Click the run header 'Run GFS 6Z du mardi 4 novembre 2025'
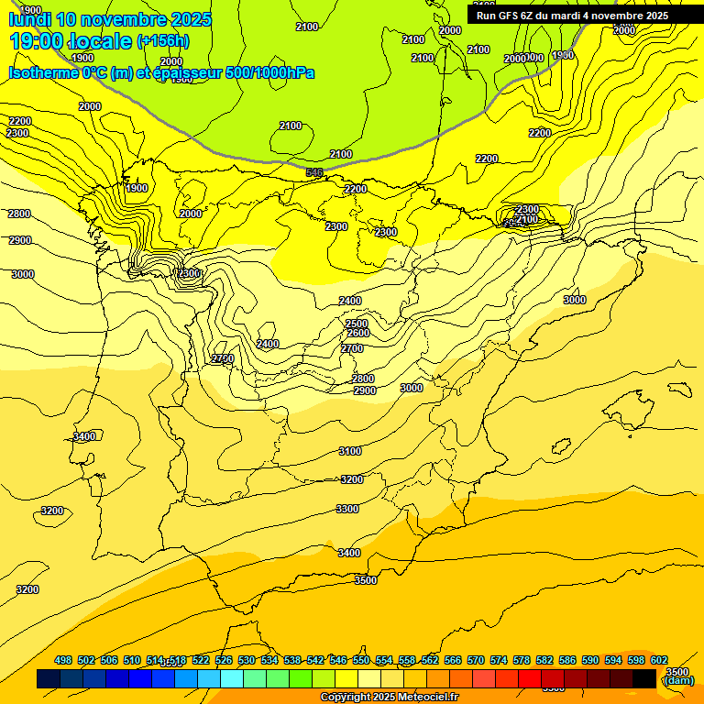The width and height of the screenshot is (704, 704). pyautogui.click(x=572, y=16)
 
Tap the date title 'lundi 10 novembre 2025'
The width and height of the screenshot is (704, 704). pyautogui.click(x=110, y=19)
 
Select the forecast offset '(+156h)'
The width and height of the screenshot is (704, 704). pyautogui.click(x=163, y=41)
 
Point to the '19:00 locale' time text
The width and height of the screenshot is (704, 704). pyautogui.click(x=71, y=41)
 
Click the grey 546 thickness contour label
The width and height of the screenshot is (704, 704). pyautogui.click(x=314, y=172)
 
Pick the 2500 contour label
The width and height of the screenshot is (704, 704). pyautogui.click(x=357, y=324)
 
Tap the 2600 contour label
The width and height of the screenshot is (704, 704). pyautogui.click(x=357, y=333)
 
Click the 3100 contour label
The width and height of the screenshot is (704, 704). pyautogui.click(x=350, y=451)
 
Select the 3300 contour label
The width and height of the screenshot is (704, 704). pyautogui.click(x=347, y=509)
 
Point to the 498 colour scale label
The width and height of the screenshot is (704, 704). pyautogui.click(x=63, y=660)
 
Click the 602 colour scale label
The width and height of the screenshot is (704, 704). pyautogui.click(x=659, y=660)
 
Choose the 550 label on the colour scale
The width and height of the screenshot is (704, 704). pyautogui.click(x=361, y=660)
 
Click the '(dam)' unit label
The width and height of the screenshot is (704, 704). pyautogui.click(x=678, y=680)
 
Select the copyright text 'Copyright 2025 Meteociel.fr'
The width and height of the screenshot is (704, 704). pyautogui.click(x=389, y=698)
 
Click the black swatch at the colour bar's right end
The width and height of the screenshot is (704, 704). pyautogui.click(x=644, y=678)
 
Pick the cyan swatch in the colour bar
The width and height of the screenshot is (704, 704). pyautogui.click(x=232, y=678)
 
